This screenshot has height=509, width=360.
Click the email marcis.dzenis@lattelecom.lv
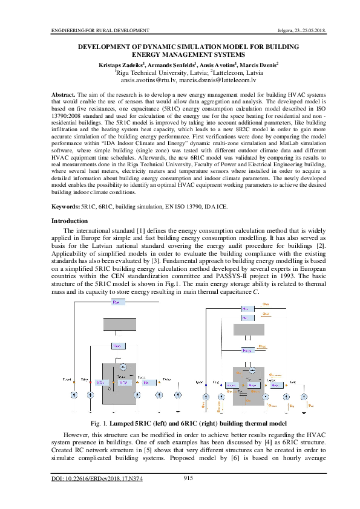[x=218, y=79]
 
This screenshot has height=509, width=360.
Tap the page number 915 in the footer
[x=188, y=479]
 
